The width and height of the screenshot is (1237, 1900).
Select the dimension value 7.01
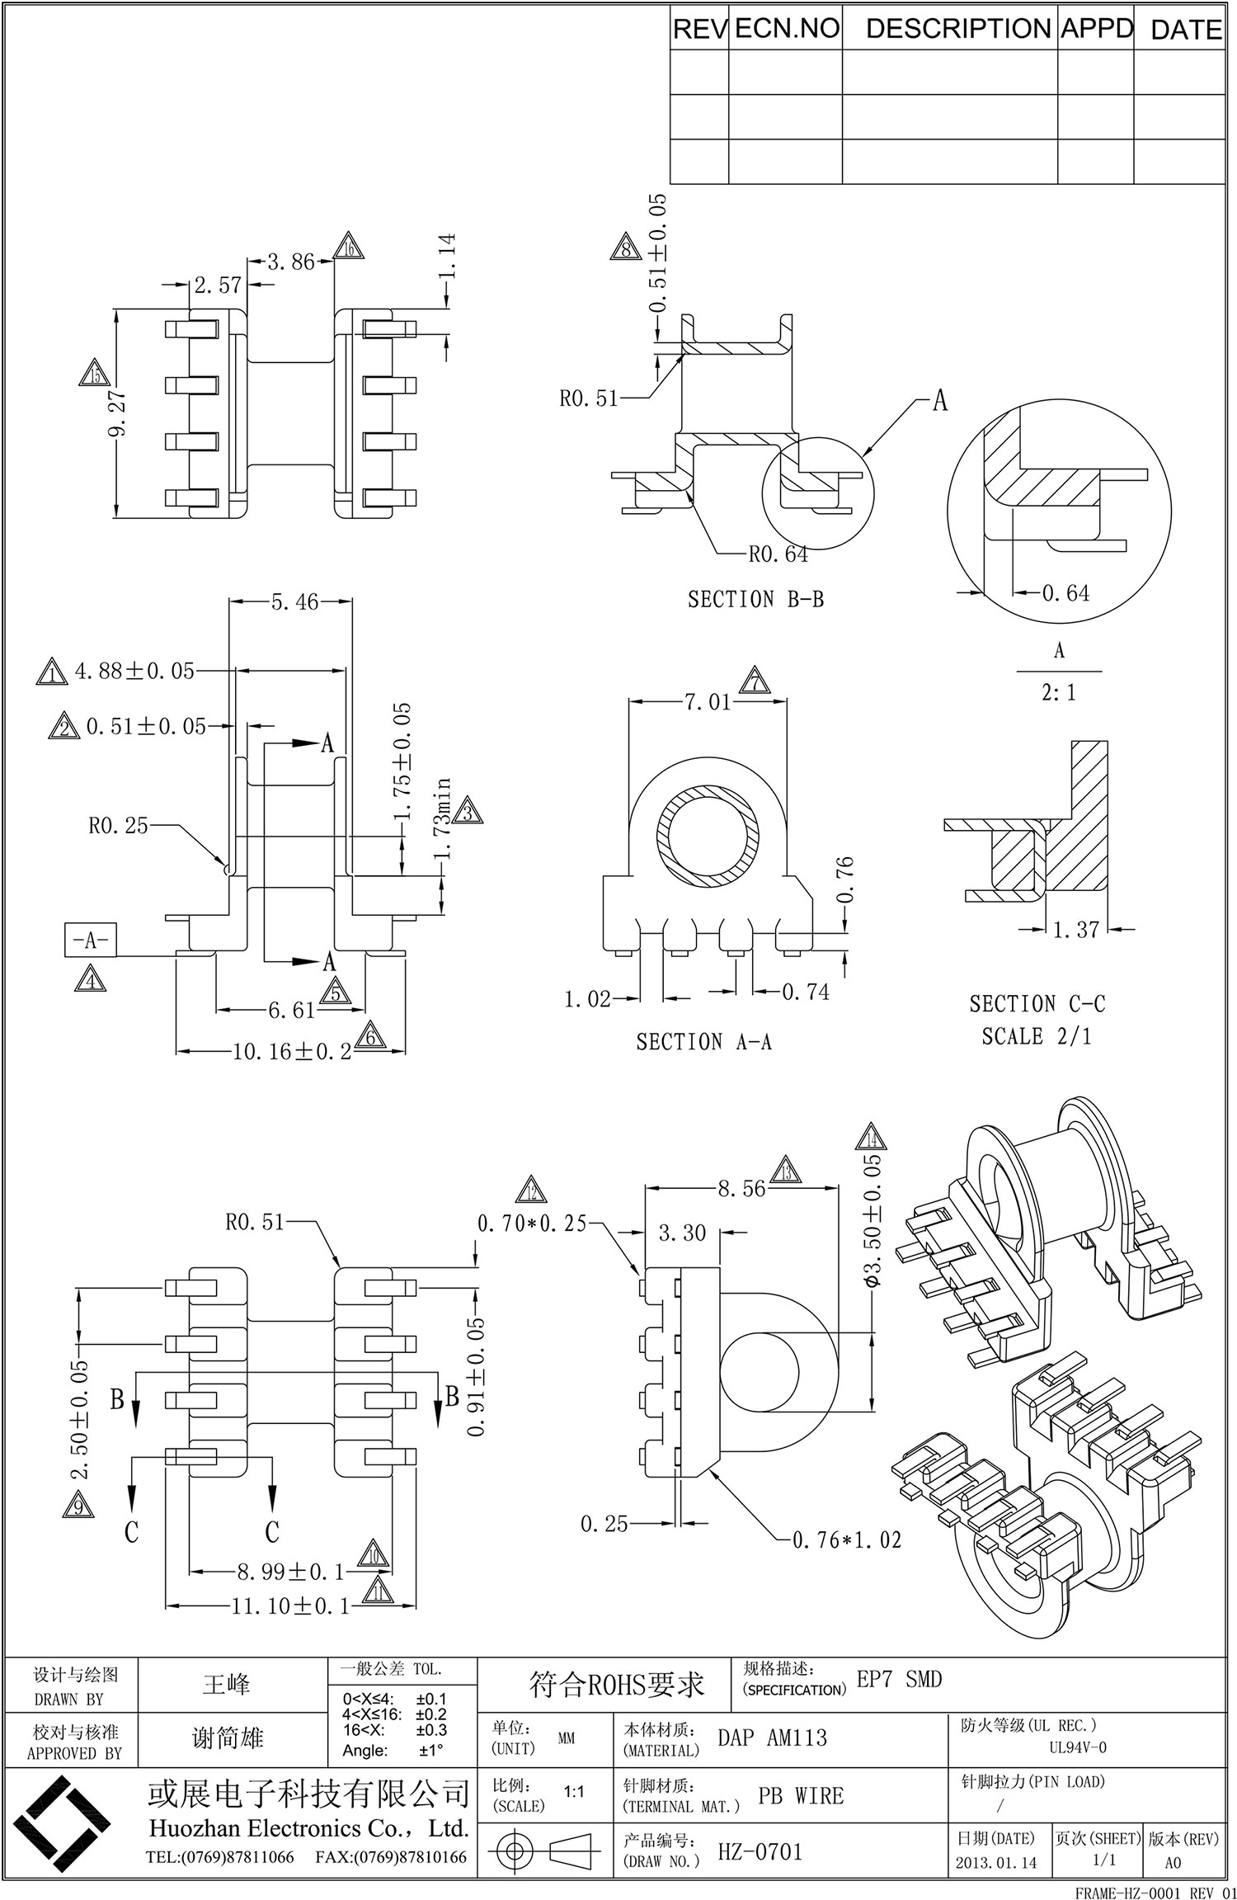pyautogui.click(x=707, y=702)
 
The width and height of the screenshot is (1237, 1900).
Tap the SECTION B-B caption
pyautogui.click(x=755, y=599)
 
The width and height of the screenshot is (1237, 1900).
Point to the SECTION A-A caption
pyautogui.click(x=703, y=1042)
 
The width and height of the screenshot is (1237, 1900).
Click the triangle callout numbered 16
pyautogui.click(x=349, y=247)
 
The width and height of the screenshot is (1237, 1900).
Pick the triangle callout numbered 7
pyautogui.click(x=754, y=681)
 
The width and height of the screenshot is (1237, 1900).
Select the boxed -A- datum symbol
pyautogui.click(x=89, y=940)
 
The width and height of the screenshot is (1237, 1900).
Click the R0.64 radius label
pyautogui.click(x=778, y=554)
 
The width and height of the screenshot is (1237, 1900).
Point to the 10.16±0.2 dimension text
pyautogui.click(x=292, y=1051)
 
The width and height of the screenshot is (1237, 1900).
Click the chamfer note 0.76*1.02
pyautogui.click(x=846, y=1539)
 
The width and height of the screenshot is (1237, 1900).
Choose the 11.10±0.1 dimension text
pyautogui.click(x=292, y=1606)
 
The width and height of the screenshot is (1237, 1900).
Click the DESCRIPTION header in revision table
pyautogui.click(x=958, y=29)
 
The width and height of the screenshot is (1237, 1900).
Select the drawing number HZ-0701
pyautogui.click(x=760, y=1852)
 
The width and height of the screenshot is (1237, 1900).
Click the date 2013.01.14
pyautogui.click(x=995, y=1863)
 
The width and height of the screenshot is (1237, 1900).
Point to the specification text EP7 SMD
pyautogui.click(x=899, y=1679)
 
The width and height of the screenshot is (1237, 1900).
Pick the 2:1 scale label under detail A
pyautogui.click(x=1058, y=692)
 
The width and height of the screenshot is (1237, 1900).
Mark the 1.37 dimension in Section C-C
pyautogui.click(x=1075, y=930)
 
